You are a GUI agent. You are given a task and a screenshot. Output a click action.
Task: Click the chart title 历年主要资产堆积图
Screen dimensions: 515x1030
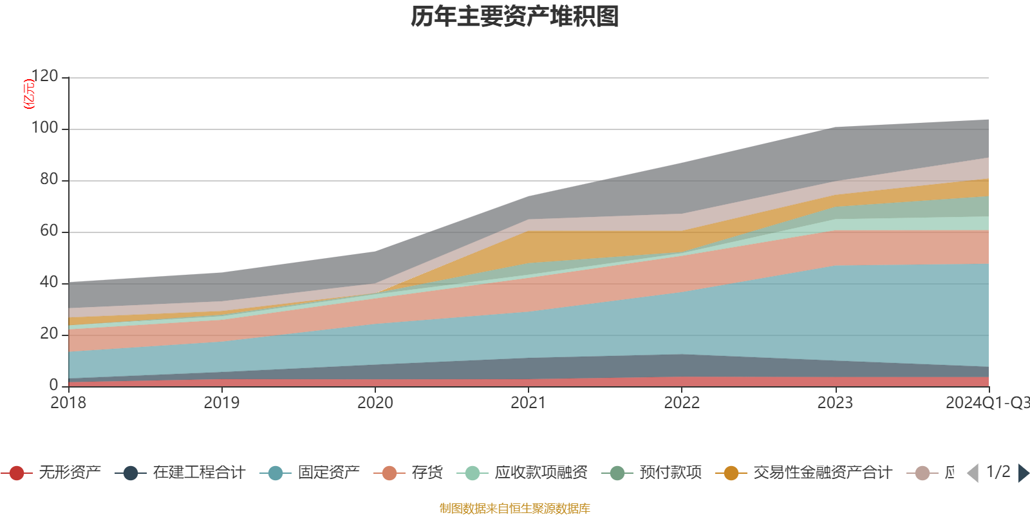[x=515, y=17]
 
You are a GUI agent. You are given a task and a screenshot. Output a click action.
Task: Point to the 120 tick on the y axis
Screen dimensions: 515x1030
[x=45, y=77]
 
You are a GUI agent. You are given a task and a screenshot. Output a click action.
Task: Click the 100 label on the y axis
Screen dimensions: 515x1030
[x=45, y=128]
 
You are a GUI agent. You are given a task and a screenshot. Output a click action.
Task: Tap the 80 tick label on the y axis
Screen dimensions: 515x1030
[x=49, y=180]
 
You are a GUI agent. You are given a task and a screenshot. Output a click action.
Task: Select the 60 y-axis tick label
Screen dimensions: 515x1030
[x=49, y=231]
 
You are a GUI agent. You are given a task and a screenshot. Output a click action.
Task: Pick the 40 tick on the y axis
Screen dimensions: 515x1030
[x=49, y=283]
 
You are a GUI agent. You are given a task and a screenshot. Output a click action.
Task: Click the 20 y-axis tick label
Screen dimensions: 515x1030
[x=49, y=334]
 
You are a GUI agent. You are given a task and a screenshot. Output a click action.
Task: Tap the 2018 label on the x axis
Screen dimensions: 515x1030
[x=68, y=403]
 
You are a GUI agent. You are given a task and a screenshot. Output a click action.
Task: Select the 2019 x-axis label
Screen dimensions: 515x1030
[x=221, y=403]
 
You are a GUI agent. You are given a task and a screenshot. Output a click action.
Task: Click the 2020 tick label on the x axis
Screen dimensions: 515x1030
[x=375, y=403]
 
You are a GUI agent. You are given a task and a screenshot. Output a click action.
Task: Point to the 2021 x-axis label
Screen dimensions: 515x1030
[x=529, y=403]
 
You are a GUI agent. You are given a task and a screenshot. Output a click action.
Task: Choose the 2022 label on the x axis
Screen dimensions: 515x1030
[x=682, y=403]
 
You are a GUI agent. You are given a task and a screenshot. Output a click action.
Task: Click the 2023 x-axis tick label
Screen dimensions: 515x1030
[x=835, y=403]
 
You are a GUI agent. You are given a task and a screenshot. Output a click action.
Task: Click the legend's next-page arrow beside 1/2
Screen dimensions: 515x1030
[x=1023, y=473]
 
